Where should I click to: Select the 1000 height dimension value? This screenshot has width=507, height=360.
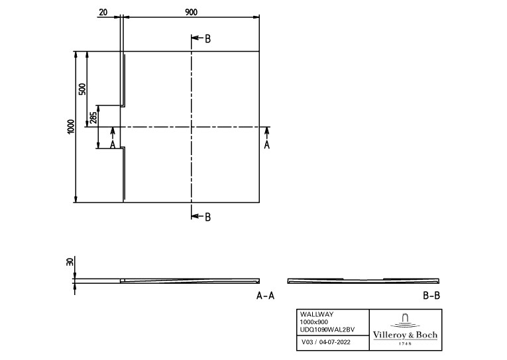point(71,126)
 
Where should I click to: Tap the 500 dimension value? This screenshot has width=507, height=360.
point(82,88)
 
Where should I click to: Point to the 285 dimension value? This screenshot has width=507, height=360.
point(93,117)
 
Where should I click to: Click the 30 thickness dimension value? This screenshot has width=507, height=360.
point(70,263)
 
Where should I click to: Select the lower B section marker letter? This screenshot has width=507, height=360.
point(207,216)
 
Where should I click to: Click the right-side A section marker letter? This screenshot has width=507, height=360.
point(267,145)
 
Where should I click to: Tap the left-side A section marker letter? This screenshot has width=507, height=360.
point(113,144)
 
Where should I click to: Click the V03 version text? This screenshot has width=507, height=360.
point(308,343)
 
